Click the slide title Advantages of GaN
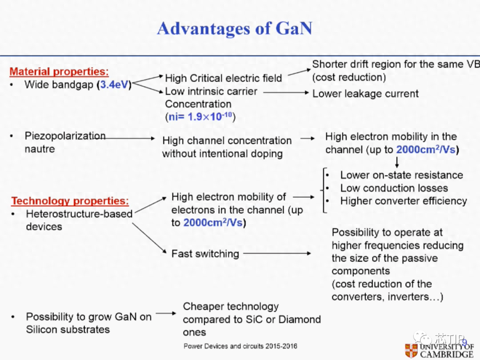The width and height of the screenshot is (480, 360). [x=235, y=28]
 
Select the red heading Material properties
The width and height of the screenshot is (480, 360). [x=59, y=71]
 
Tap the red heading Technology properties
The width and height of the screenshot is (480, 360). [x=70, y=201]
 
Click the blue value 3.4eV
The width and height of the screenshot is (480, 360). [x=114, y=84]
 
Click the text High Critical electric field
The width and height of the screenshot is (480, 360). [x=224, y=78]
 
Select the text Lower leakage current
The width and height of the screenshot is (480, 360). [x=365, y=93]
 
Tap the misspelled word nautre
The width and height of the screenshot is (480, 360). [x=40, y=149]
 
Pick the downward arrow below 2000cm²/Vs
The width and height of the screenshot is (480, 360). [x=397, y=162]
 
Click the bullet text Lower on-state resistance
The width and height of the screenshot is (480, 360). [x=402, y=175]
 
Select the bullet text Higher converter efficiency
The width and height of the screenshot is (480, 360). [x=404, y=201]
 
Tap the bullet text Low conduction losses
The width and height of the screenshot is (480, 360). [x=394, y=188]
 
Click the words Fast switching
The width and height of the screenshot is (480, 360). [x=205, y=254]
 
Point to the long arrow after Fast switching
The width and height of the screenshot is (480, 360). [x=277, y=253]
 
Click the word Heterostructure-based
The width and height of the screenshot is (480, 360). [x=79, y=214]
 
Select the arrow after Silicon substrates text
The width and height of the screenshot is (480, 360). [x=166, y=313]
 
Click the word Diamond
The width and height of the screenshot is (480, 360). [x=300, y=320]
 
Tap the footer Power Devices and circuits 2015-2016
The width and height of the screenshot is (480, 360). [x=240, y=346]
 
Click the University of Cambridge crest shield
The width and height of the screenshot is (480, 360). [x=411, y=351]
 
